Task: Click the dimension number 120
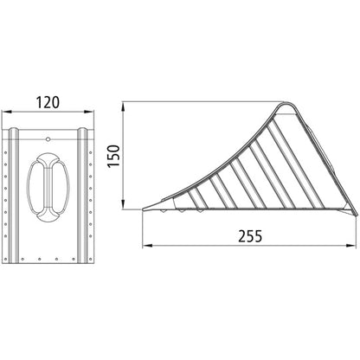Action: pos(50,102)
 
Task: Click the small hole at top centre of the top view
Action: pos(48,137)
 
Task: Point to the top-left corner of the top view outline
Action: pos(4,128)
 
